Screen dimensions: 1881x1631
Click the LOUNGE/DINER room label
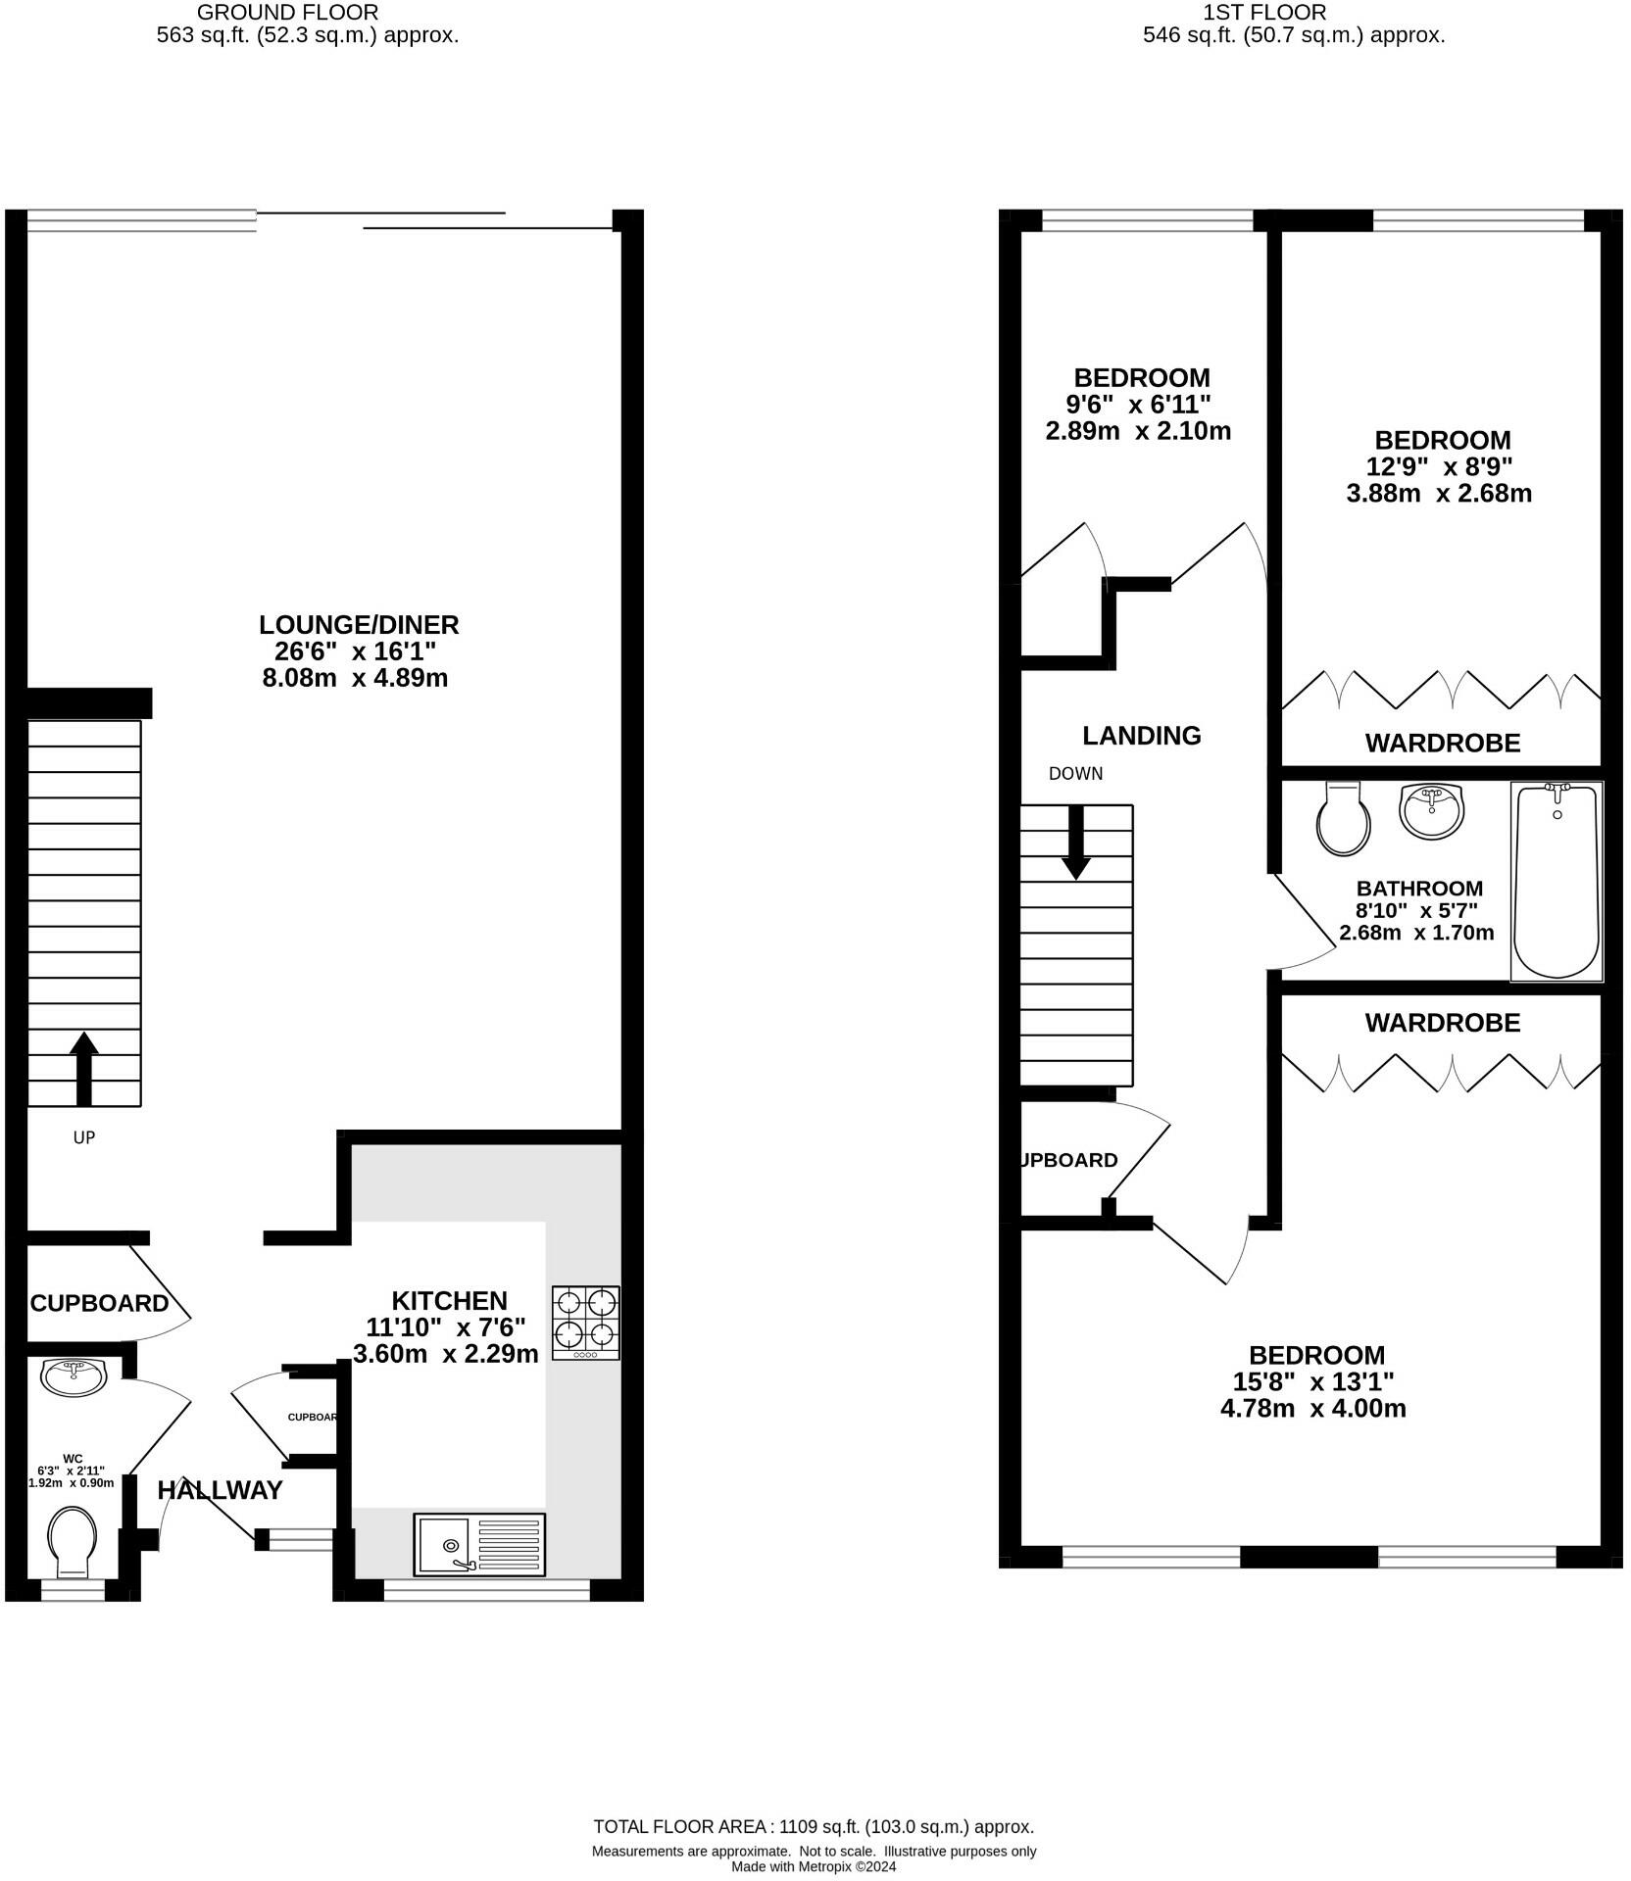[x=359, y=625]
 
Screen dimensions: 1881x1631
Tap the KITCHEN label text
[x=449, y=1300]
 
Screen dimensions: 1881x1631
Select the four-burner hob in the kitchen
[x=585, y=1322]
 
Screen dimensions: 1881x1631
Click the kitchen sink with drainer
[x=479, y=1545]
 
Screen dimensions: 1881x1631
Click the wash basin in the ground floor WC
[x=74, y=1376]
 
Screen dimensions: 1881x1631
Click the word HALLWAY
[x=221, y=1490]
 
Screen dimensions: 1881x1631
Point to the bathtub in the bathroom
[x=1557, y=880]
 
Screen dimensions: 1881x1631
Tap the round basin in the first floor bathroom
[x=1431, y=810]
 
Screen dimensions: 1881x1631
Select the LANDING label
[x=1141, y=736]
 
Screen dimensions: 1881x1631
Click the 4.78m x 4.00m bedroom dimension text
[x=1312, y=1409]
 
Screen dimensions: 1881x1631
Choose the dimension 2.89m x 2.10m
[x=1138, y=431]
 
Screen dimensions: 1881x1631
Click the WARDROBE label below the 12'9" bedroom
[x=1443, y=744]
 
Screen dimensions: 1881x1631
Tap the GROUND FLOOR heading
[x=287, y=13]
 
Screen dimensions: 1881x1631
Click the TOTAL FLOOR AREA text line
[x=814, y=1827]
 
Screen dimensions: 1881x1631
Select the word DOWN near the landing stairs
[x=1075, y=774]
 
